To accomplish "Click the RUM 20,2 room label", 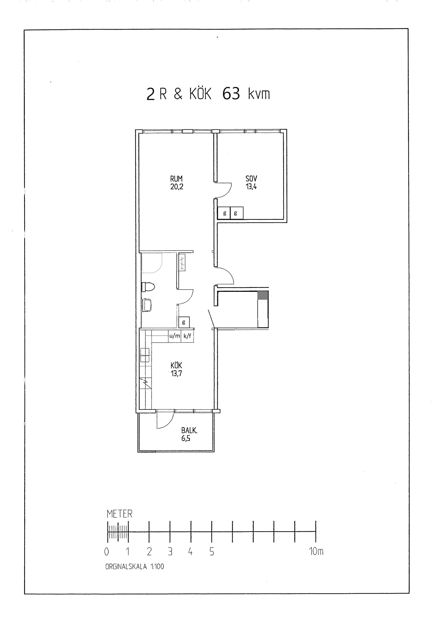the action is point(177,183).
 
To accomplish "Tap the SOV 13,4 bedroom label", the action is point(251,183).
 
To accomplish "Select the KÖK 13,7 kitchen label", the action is point(176,369).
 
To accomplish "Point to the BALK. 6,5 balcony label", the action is point(189,434).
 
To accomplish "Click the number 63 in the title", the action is point(231,94).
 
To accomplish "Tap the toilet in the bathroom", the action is point(148,287).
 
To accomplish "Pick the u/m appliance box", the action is point(175,336).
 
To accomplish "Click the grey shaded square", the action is point(263,295).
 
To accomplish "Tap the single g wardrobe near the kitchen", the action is point(184,322).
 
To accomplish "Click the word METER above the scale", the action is point(120,514).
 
